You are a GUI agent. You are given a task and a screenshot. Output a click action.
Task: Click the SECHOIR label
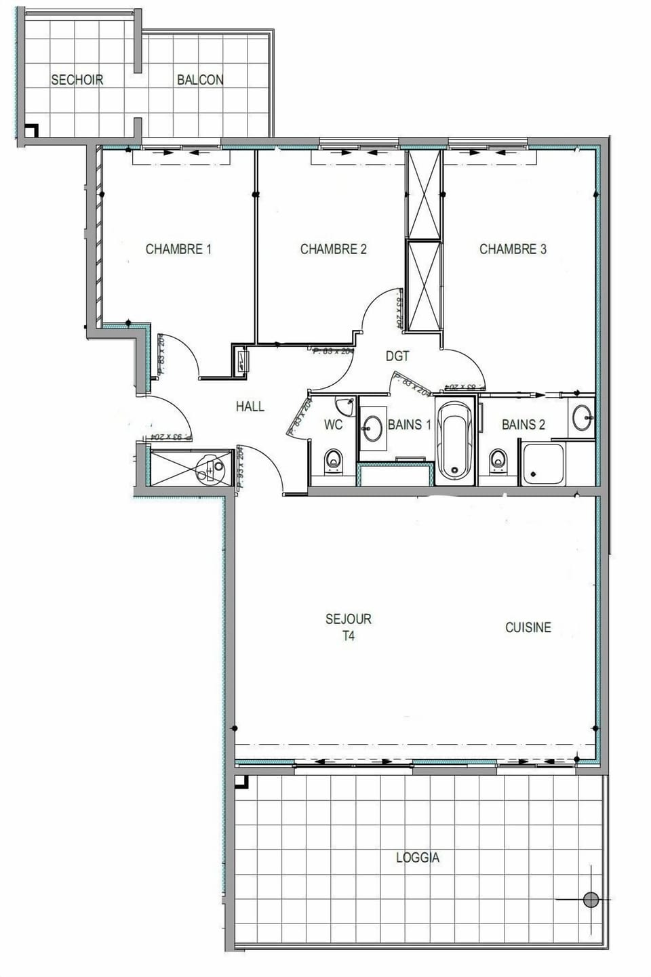[x=77, y=80]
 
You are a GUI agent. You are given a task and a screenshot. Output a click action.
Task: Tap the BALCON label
[x=200, y=80]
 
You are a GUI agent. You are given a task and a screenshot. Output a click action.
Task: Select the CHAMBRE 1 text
[x=178, y=249]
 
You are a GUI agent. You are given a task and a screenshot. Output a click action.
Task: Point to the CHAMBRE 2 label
[x=333, y=249]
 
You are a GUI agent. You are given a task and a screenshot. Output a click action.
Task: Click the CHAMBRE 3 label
[x=513, y=249]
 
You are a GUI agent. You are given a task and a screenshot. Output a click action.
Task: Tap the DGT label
[x=397, y=356]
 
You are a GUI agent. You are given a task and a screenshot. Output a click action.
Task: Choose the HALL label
[x=250, y=407]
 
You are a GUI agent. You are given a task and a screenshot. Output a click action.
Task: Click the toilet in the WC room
[x=332, y=460]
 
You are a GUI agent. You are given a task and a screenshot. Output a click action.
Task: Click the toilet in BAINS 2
[x=500, y=460]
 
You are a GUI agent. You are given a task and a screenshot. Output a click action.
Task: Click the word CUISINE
[x=528, y=628]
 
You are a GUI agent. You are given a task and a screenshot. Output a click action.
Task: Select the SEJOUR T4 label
[x=348, y=627]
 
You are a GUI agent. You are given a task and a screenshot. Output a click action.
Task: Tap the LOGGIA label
[x=418, y=858]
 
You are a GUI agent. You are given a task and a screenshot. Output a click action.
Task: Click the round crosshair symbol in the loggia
[x=591, y=900]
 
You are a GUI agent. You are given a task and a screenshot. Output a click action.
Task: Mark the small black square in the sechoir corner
[x=31, y=129]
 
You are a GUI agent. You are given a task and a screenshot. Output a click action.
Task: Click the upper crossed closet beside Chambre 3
[x=423, y=195]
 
